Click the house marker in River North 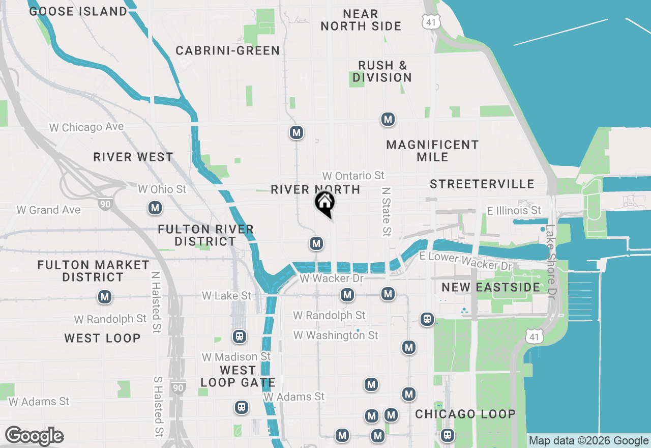(x=324, y=203)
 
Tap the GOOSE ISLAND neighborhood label (x=78, y=11)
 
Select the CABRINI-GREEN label (x=227, y=50)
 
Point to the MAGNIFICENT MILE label (x=432, y=151)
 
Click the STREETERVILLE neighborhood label (x=482, y=184)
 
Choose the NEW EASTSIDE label (x=491, y=287)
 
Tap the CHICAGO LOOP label (x=465, y=414)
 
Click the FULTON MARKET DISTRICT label (x=93, y=271)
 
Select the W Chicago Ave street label (x=86, y=127)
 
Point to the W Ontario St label (x=353, y=176)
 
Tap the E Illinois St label (x=514, y=210)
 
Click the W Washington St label (x=336, y=335)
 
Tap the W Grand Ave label (x=48, y=209)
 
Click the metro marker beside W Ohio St (x=155, y=208)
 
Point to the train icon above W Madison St (x=239, y=337)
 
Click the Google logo (x=34, y=436)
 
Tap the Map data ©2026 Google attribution (x=588, y=441)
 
